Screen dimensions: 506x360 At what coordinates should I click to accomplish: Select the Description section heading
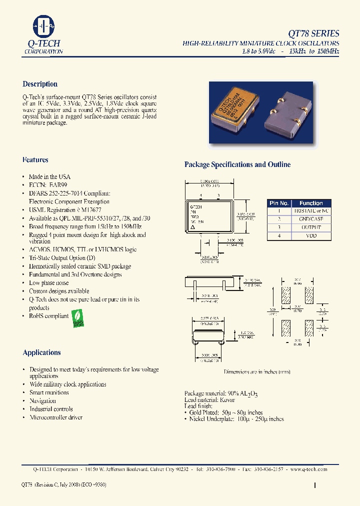(40, 84)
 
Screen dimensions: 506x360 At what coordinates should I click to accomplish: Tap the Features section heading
(35, 160)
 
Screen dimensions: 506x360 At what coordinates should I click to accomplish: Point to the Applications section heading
(41, 352)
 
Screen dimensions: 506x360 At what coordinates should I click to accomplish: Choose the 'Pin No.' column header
(279, 203)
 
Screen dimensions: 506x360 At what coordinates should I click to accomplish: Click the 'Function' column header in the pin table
(311, 203)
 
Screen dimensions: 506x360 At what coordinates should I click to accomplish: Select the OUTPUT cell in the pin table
(311, 227)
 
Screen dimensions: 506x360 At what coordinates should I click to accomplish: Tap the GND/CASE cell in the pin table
(311, 219)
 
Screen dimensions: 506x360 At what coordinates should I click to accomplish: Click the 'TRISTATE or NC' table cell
(311, 211)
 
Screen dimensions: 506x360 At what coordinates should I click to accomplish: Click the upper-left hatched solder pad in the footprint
(286, 295)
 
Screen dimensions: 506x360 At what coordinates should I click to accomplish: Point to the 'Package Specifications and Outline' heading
(237, 164)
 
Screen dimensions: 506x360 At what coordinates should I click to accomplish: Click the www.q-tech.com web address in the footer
(308, 469)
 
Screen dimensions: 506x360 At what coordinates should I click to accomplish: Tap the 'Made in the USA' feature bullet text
(49, 176)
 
